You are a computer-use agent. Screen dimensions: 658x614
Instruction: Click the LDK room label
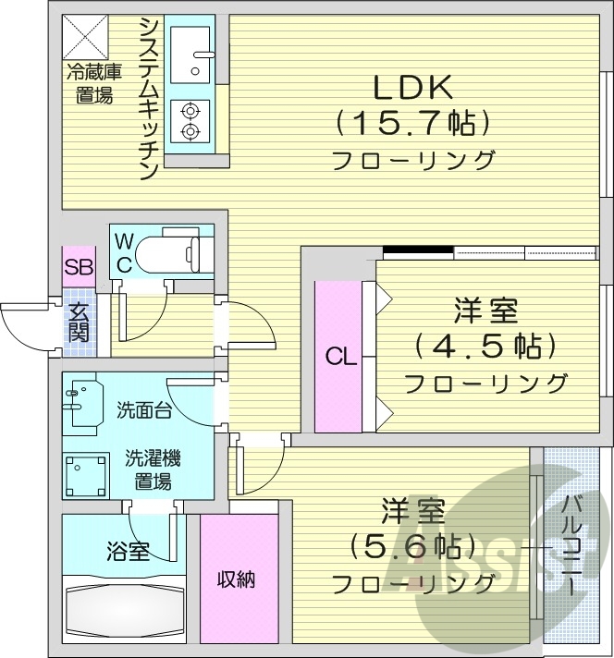(x=411, y=87)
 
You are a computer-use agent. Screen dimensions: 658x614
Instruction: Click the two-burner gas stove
(x=190, y=121)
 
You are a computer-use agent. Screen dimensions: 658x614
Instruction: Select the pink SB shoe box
(x=78, y=268)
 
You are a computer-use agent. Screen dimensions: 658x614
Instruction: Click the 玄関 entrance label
(x=78, y=325)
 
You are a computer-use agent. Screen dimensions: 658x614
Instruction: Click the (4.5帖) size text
(x=485, y=347)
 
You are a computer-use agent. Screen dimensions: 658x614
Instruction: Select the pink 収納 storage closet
(x=237, y=579)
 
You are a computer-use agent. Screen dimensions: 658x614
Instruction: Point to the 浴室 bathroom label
(x=128, y=552)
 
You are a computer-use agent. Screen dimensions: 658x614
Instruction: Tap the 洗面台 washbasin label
(x=142, y=409)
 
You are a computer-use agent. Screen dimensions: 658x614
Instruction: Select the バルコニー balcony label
(x=570, y=545)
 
